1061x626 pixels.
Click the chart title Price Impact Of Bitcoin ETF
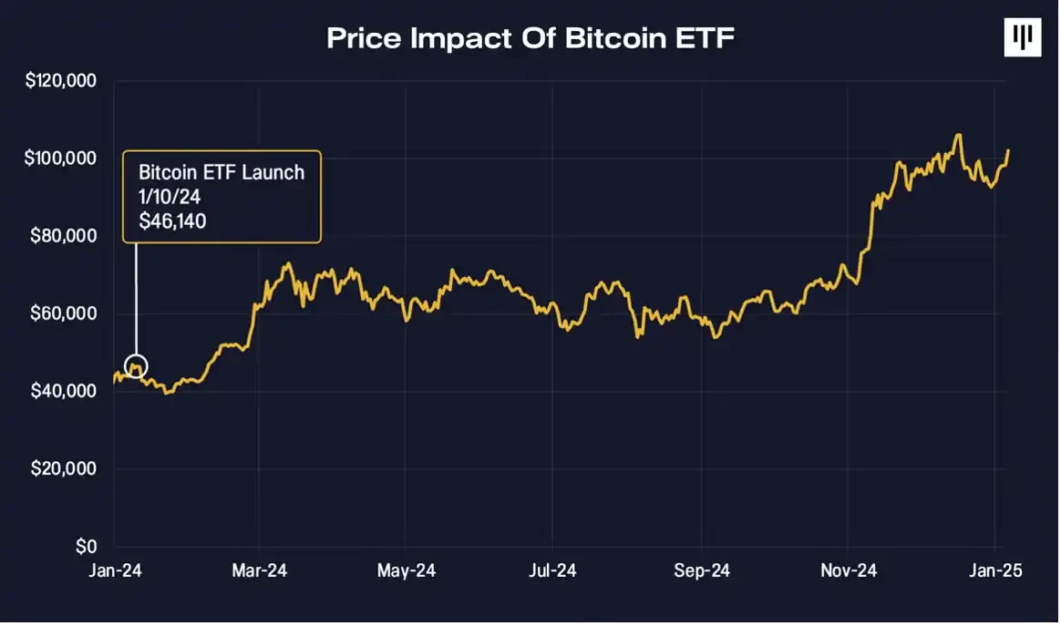click(530, 37)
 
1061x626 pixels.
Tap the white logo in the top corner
click(1022, 37)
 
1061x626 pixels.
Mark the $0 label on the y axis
click(86, 547)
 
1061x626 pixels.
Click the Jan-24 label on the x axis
click(114, 570)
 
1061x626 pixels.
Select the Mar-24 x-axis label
click(260, 570)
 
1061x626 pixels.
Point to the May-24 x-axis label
click(407, 570)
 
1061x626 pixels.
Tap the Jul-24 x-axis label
click(552, 570)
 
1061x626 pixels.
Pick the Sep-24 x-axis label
click(700, 570)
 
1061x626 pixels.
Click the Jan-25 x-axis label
click(994, 570)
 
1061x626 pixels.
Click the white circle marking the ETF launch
click(136, 367)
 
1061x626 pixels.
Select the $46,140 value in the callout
click(172, 220)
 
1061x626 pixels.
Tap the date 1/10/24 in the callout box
click(170, 196)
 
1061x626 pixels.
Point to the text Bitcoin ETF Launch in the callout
click(221, 172)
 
